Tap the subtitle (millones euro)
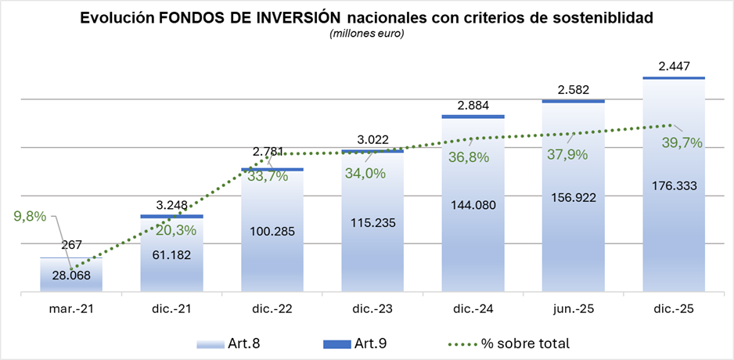366,34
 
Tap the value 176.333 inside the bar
674,185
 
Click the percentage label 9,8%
26,214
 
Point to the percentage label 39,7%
682,142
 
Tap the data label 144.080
473,206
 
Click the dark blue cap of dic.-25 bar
674,77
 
